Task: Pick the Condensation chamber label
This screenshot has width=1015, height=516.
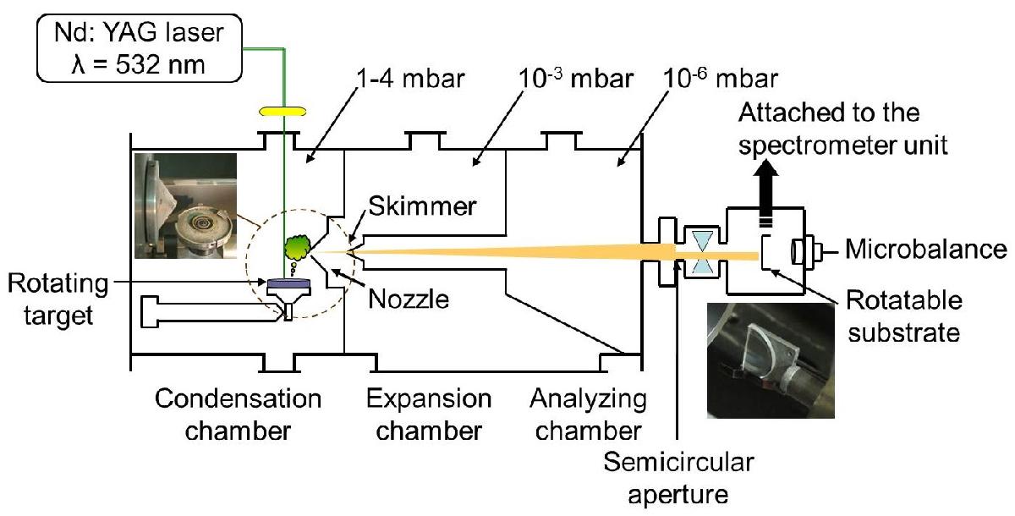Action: tap(225, 414)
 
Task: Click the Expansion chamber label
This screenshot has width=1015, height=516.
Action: tap(428, 414)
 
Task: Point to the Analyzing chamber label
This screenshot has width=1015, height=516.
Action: tap(590, 414)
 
